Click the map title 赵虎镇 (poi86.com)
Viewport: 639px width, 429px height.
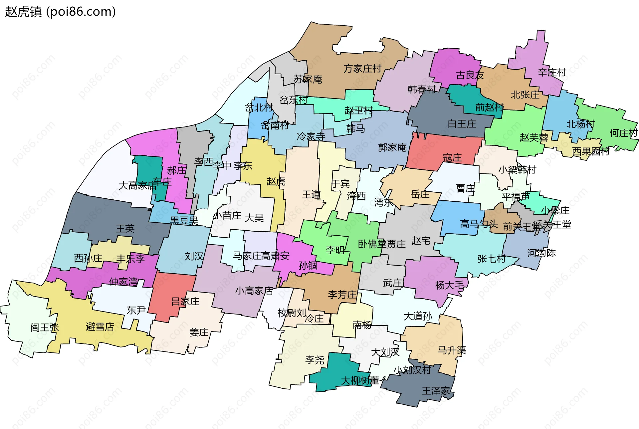click(60, 12)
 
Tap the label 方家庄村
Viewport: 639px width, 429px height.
click(362, 69)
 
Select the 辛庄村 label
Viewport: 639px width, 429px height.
click(552, 72)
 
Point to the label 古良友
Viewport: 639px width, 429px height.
click(470, 75)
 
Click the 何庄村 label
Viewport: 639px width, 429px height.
click(623, 133)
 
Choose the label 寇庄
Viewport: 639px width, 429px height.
click(452, 157)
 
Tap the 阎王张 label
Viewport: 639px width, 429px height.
click(44, 327)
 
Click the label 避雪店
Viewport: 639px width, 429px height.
click(100, 326)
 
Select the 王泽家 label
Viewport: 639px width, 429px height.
click(436, 391)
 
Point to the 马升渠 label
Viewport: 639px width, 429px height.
click(452, 350)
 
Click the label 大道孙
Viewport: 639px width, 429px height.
click(418, 316)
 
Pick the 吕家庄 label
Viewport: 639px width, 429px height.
click(185, 302)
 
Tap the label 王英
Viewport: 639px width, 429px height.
click(125, 228)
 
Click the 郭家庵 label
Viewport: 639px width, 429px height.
click(392, 147)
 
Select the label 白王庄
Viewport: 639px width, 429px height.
click(462, 124)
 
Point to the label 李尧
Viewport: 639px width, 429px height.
click(315, 360)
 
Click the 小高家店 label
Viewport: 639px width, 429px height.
click(254, 291)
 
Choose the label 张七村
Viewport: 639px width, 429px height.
click(491, 259)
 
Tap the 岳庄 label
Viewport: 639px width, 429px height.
click(420, 194)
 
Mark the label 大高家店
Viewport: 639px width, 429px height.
click(137, 185)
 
